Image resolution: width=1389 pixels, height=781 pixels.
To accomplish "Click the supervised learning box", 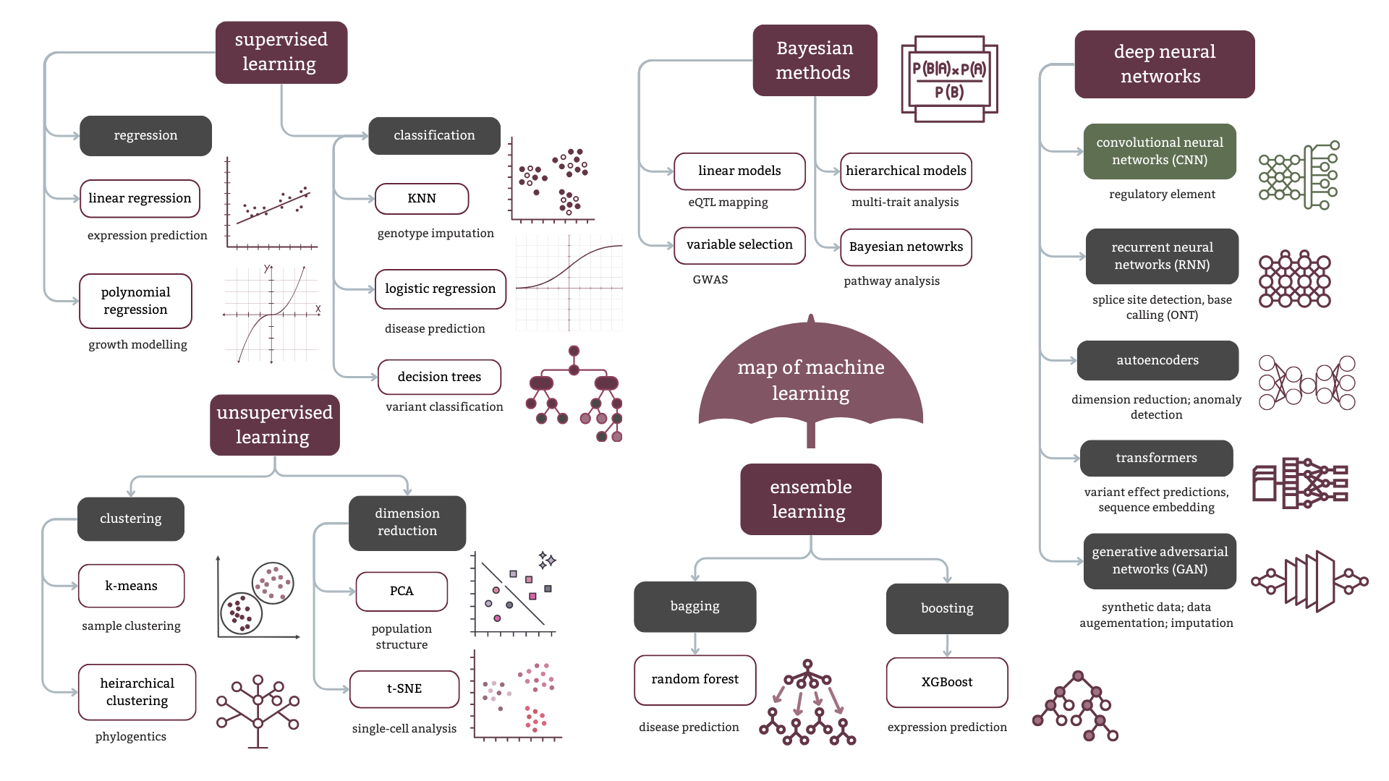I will coord(281,52).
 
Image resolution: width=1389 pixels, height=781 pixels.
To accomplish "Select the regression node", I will coord(145,135).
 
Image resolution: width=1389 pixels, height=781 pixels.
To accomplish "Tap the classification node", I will coord(434,135).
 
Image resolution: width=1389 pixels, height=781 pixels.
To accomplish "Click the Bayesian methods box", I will coord(815,60).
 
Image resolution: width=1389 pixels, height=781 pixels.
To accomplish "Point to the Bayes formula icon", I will coord(949,79).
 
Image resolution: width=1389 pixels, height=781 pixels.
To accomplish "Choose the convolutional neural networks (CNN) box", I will coord(1160,151).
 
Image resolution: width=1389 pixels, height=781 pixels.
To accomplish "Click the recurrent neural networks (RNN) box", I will coord(1162,256).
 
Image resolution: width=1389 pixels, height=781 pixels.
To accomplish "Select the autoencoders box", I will coord(1157,360).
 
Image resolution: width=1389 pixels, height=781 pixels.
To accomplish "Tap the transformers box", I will coord(1156,458).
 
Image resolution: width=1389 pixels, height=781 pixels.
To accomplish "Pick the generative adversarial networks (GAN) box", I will coord(1160,560).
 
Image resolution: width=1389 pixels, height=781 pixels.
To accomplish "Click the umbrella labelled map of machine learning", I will coord(810,380).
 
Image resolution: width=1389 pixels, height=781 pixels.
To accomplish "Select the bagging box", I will coord(694,607).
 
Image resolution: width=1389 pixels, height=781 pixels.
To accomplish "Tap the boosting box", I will coord(947,608).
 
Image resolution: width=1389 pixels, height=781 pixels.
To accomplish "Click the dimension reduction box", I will coord(407,522).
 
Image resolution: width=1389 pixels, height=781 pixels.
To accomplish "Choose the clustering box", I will coord(131,518).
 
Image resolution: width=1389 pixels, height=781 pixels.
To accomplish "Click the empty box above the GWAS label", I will coord(739,246).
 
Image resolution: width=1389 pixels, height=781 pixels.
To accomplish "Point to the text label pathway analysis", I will coord(891,281).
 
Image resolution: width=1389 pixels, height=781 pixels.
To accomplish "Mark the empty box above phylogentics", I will coord(137,692).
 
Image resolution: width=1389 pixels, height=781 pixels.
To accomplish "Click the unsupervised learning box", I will coord(275,424).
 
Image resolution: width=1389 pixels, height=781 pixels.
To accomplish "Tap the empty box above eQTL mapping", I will coord(739,171).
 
